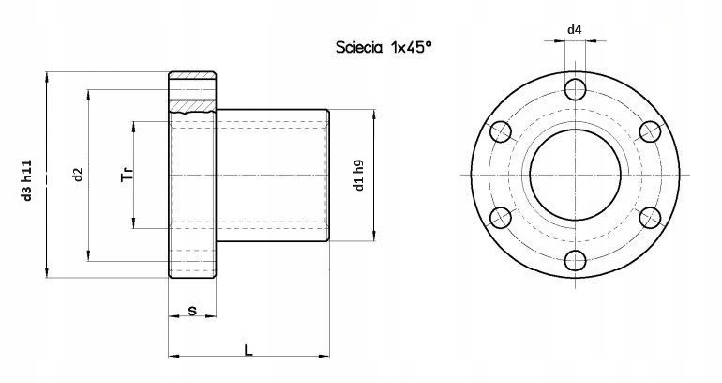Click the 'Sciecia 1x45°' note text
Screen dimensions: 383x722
point(384,46)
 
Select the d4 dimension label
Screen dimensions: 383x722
point(575,30)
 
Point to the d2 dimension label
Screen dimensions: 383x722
point(78,174)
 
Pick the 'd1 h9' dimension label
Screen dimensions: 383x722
point(359,176)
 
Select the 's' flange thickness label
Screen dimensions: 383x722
point(191,309)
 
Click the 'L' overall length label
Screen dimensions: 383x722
point(248,349)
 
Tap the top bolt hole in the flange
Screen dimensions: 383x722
point(575,90)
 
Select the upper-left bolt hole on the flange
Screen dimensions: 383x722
point(501,132)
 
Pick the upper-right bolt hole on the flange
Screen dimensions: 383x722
point(649,132)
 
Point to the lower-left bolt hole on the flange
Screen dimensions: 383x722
point(501,218)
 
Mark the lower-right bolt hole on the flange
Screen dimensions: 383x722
point(649,218)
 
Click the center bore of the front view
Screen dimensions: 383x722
point(575,176)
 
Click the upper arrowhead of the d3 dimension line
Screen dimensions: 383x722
point(46,76)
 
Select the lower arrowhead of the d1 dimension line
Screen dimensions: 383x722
point(375,238)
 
